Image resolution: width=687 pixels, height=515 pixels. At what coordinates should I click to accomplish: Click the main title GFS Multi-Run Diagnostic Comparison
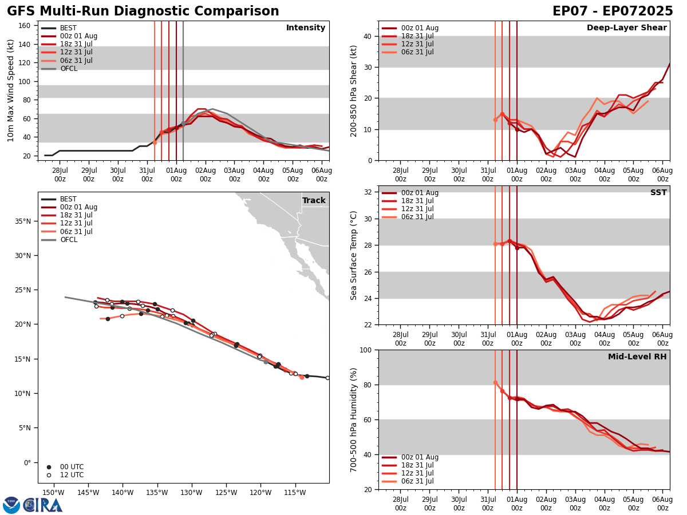coord(143,11)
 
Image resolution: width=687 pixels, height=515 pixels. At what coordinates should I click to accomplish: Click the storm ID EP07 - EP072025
coord(613,11)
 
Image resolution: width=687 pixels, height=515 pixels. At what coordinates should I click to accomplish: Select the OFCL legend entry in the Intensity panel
coord(68,69)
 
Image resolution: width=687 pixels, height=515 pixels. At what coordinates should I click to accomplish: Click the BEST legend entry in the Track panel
coord(68,199)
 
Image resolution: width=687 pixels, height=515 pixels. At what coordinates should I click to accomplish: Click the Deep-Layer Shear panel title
coord(626,28)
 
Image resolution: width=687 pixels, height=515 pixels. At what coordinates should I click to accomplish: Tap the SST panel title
coord(658,193)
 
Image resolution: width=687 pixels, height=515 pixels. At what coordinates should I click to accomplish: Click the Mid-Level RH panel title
coord(637,357)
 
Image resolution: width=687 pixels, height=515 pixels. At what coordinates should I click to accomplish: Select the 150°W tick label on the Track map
coord(53,493)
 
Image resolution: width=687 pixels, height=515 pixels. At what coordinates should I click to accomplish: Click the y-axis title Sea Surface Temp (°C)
coord(354,255)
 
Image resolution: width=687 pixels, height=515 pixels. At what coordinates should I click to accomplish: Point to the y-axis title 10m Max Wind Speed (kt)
coord(11,90)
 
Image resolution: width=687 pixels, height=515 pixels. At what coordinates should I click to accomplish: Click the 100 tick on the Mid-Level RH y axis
coord(364,350)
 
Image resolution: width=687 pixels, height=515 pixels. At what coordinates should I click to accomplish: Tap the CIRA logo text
coord(43,505)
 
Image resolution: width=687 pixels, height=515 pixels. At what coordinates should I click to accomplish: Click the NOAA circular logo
coord(11,505)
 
